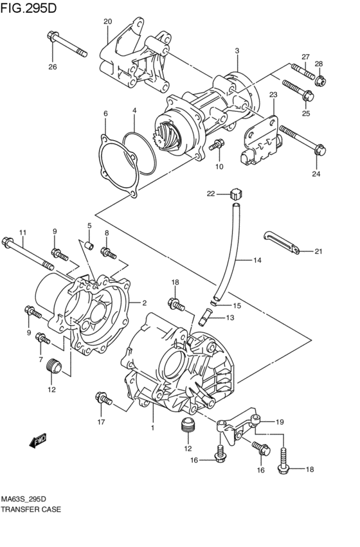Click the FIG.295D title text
tap(30, 8)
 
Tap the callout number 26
tap(52, 66)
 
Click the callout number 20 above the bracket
tap(107, 21)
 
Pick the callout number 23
tap(272, 94)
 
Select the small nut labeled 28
tap(320, 81)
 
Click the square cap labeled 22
tap(236, 191)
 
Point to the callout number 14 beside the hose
tap(256, 260)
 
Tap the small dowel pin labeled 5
tap(90, 244)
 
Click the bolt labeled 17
tap(104, 400)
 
